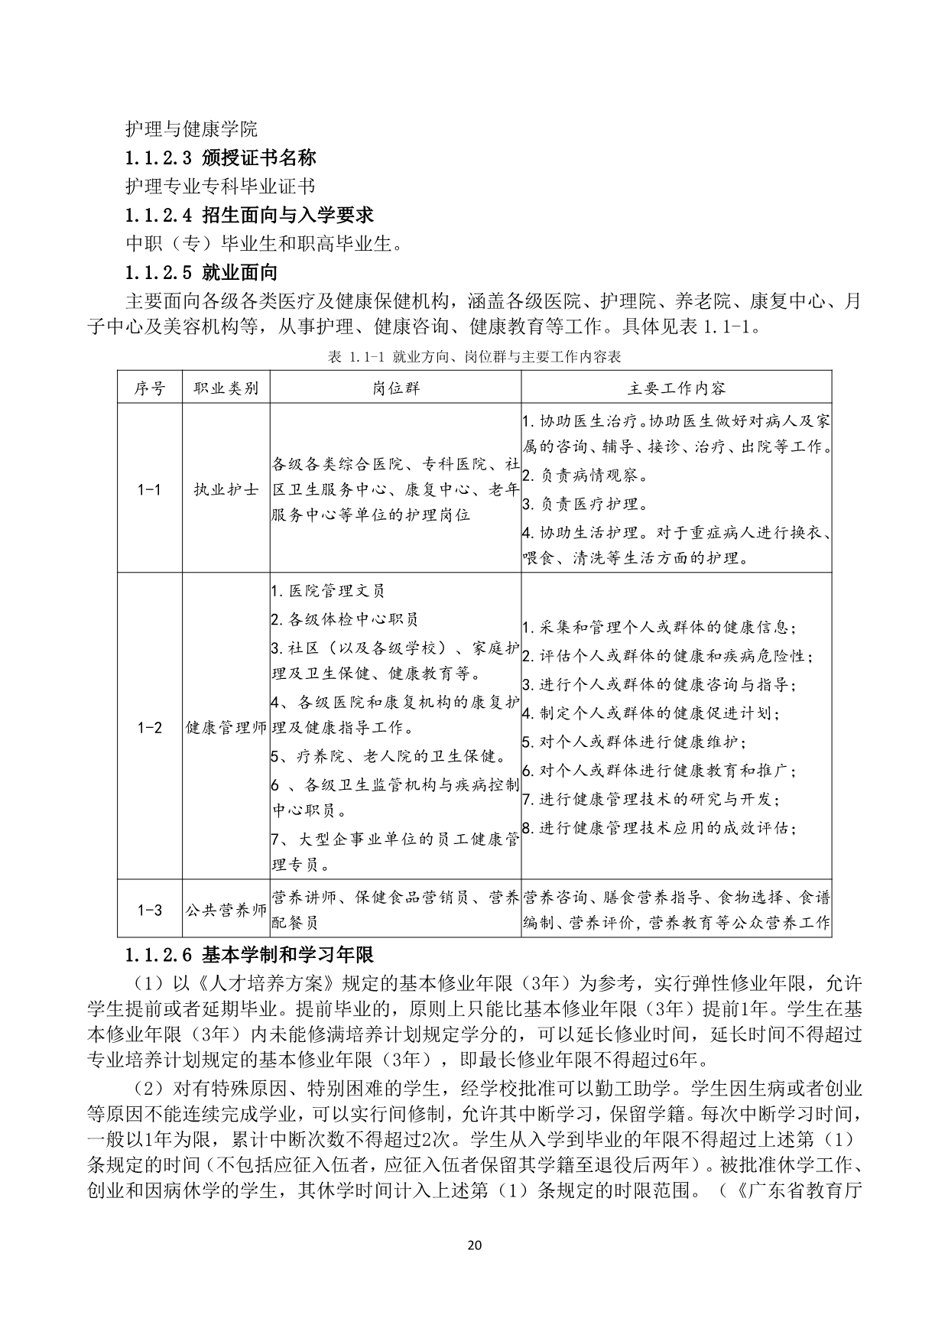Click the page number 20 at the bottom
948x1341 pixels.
click(474, 1244)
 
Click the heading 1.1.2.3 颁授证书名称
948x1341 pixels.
click(221, 158)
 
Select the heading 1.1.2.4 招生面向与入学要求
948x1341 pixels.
click(249, 215)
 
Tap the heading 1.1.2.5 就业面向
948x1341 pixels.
click(202, 272)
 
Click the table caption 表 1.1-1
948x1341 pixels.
click(474, 356)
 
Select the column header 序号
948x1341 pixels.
click(150, 388)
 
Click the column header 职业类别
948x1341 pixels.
click(226, 388)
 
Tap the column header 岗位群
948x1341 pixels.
click(396, 388)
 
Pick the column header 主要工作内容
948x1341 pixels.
click(677, 388)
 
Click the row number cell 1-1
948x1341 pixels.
click(150, 489)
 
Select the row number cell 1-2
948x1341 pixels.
click(150, 727)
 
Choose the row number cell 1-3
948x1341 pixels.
click(150, 910)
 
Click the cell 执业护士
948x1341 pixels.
click(226, 489)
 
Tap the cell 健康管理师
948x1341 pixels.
click(226, 727)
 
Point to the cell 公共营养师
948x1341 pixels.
click(226, 910)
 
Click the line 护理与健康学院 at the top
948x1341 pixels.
click(191, 128)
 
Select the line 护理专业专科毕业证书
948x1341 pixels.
click(220, 186)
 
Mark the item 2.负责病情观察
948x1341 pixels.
click(584, 476)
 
